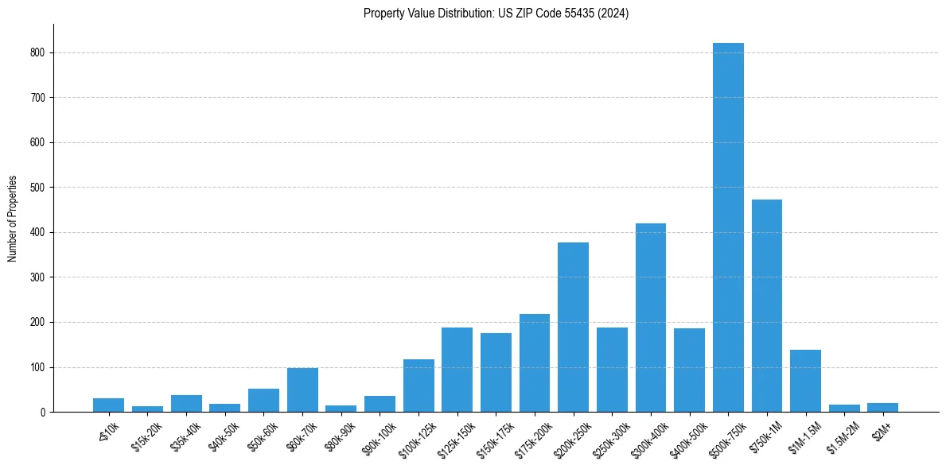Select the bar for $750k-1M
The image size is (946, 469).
pos(767,306)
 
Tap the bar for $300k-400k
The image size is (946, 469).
pos(651,318)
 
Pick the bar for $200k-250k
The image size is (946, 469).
pos(573,328)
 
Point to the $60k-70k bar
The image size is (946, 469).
pos(302,390)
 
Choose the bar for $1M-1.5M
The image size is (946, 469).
pos(805,381)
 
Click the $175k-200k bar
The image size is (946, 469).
pos(535,363)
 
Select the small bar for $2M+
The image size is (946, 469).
pos(882,408)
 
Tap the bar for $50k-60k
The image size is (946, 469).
pos(263,401)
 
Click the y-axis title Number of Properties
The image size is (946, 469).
pos(12,219)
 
